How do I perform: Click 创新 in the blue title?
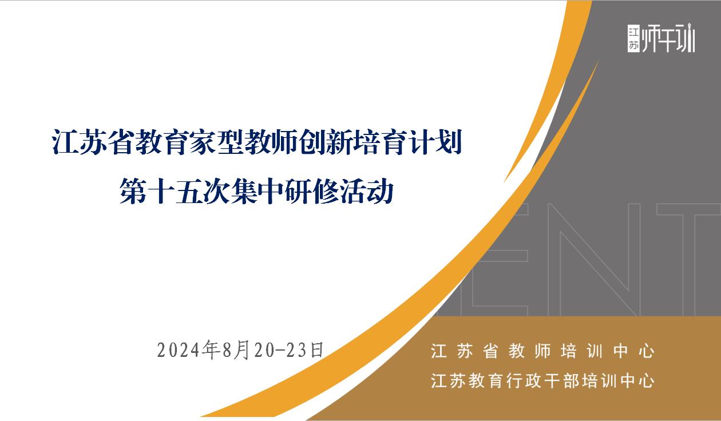326,142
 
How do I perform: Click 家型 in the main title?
216,142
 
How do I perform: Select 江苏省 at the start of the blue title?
92,142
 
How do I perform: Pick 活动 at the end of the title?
367,192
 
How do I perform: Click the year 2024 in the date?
179,350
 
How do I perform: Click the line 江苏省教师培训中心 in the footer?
542,351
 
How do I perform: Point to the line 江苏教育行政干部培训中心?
542,380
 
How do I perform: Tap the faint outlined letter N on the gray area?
594,260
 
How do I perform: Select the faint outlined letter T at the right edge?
689,260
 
